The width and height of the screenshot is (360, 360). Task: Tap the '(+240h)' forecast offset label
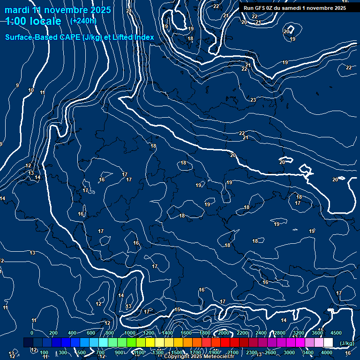point(83,21)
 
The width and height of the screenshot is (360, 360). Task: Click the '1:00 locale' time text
point(33,21)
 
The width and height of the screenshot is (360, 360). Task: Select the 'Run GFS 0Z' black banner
point(295,8)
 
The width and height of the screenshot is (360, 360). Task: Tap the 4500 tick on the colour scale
point(336,333)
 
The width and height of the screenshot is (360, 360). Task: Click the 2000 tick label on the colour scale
point(224,333)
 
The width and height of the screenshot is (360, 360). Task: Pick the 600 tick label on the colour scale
point(91,333)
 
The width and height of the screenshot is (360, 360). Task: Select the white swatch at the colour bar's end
point(328,342)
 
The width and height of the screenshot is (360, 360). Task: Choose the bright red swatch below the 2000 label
point(225,342)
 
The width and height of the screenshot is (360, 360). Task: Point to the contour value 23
point(253,100)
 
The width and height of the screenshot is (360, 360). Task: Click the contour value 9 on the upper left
point(17,85)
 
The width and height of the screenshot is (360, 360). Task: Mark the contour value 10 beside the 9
point(31,90)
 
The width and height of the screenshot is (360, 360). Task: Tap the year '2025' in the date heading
point(98,10)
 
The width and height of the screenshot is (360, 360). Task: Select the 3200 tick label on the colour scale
point(298,333)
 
